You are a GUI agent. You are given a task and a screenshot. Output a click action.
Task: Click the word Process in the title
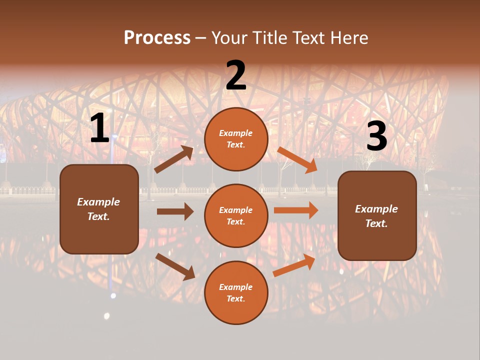pyautogui.click(x=157, y=37)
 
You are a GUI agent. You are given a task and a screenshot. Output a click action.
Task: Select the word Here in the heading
pyautogui.click(x=348, y=37)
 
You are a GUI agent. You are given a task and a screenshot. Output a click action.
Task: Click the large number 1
pyautogui.click(x=99, y=129)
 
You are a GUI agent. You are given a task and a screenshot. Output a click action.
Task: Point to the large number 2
pyautogui.click(x=236, y=76)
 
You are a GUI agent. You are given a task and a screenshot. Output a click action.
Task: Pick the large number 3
pyautogui.click(x=376, y=137)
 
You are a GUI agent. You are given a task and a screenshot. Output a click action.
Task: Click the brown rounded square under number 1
pyautogui.click(x=99, y=209)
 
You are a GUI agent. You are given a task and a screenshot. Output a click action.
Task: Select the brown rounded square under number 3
pyautogui.click(x=377, y=216)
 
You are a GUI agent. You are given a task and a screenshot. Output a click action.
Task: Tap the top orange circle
pyautogui.click(x=236, y=139)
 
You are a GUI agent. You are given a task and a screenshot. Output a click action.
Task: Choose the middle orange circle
pyautogui.click(x=236, y=216)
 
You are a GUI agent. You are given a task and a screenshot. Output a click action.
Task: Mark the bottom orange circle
pyautogui.click(x=236, y=293)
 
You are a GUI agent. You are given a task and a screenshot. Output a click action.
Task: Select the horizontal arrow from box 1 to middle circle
pyautogui.click(x=175, y=211)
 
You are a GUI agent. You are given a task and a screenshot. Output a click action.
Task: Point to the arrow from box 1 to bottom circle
pyautogui.click(x=175, y=266)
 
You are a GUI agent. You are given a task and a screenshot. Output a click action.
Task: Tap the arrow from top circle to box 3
pyautogui.click(x=297, y=159)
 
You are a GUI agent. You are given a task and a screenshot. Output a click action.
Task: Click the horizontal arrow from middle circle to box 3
pyautogui.click(x=296, y=210)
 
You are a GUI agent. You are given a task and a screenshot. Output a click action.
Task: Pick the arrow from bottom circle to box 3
pyautogui.click(x=294, y=265)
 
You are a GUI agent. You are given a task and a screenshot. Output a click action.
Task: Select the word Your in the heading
pyautogui.click(x=229, y=37)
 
